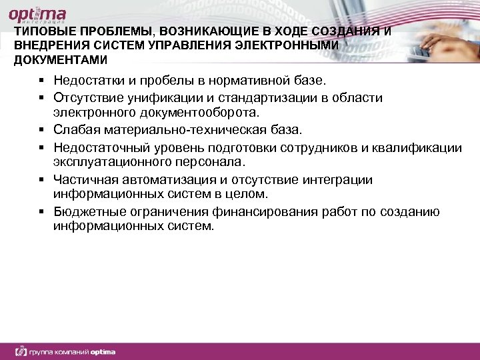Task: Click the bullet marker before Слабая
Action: pyautogui.click(x=41, y=129)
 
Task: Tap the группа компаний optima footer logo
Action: pyautogui.click(x=66, y=351)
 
